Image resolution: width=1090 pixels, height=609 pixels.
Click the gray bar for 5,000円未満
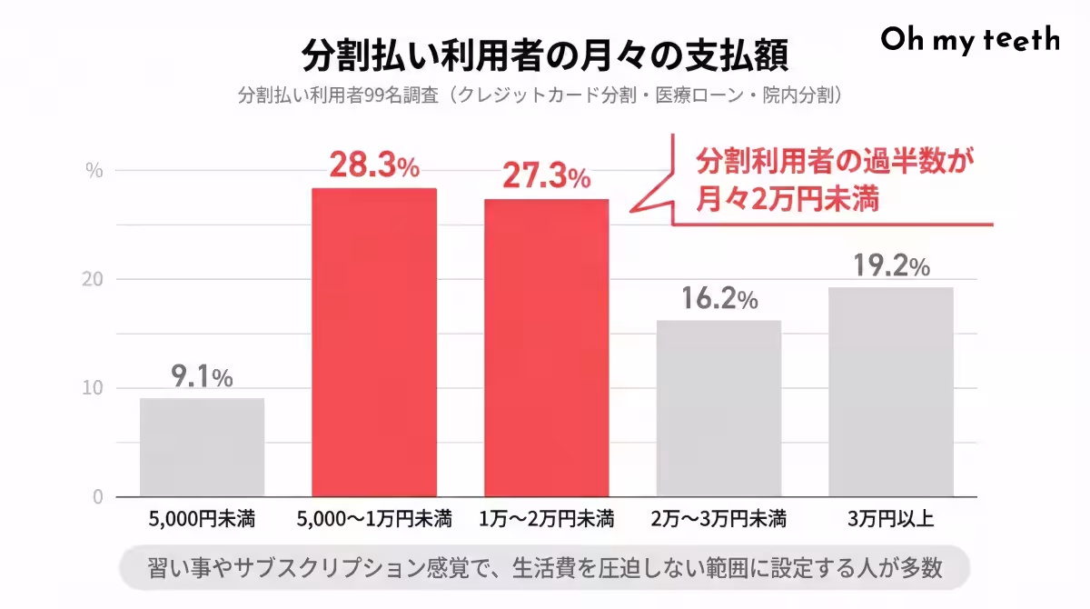pos(202,447)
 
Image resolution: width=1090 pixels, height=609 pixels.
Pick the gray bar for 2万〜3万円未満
pos(718,408)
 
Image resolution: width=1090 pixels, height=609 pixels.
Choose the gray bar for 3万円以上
pos(891,392)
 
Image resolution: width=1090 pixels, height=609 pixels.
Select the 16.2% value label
pos(718,298)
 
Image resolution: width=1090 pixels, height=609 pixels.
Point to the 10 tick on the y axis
pos(94,388)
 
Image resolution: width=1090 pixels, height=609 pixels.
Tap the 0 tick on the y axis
pos(97,497)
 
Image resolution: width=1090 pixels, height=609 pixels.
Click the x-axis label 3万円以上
pos(891,521)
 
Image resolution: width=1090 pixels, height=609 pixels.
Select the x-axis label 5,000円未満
pos(202,521)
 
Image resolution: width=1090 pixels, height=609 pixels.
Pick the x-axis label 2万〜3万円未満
pos(718,521)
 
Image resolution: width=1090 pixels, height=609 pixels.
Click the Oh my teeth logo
pos(970,39)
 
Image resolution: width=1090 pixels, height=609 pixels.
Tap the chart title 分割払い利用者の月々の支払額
pos(545,55)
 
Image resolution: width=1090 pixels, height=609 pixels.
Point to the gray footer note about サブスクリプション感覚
pos(545,569)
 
